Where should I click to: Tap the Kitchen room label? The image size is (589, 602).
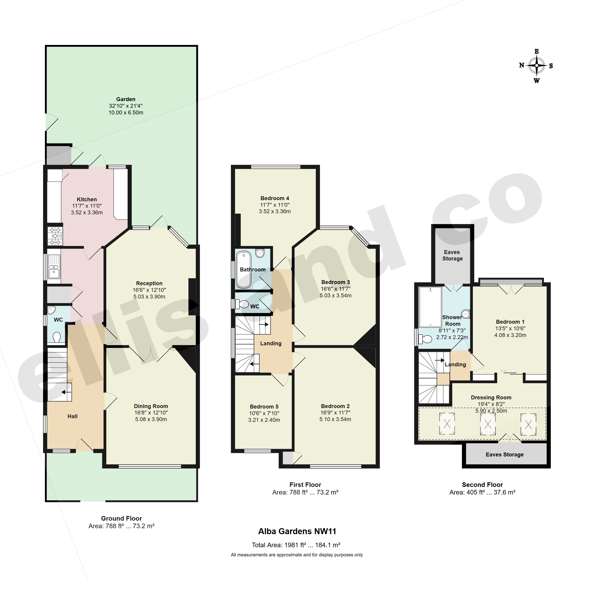click(x=87, y=199)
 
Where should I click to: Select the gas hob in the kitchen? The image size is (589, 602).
click(x=55, y=236)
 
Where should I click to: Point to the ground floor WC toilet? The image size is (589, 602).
click(x=57, y=337)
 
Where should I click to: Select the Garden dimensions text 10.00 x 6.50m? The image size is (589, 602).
click(x=126, y=113)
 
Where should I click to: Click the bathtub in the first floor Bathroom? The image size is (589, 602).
click(x=244, y=269)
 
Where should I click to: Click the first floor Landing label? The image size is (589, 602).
click(x=271, y=343)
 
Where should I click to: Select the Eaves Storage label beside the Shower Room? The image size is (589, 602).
click(x=452, y=255)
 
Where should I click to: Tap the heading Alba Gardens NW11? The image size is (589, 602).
click(x=297, y=531)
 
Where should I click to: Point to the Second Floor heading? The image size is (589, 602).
click(x=482, y=485)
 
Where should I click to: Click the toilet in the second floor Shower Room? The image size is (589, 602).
click(x=425, y=340)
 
